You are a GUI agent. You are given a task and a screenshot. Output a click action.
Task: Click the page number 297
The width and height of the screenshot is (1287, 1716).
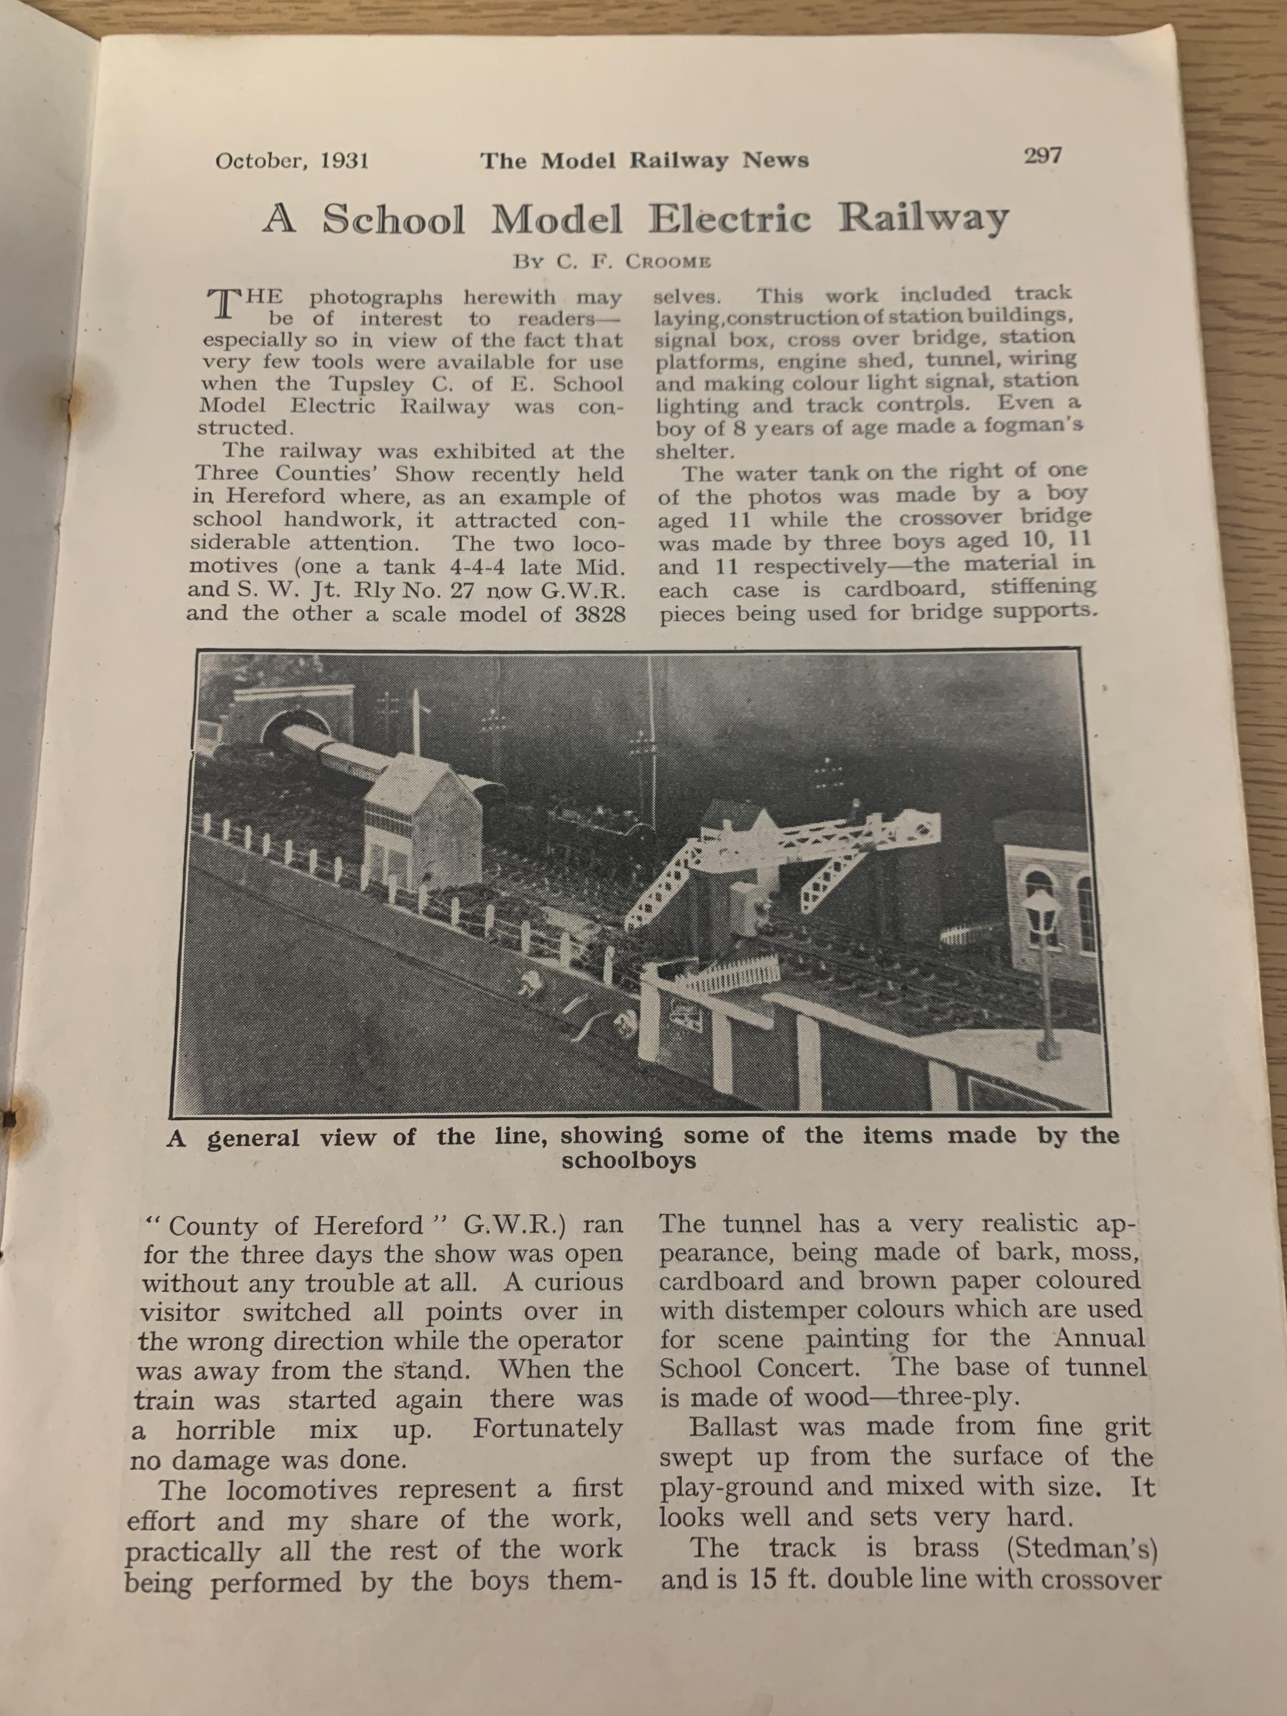(1042, 156)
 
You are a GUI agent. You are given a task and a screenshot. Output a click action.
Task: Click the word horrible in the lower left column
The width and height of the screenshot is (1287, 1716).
(225, 1430)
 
